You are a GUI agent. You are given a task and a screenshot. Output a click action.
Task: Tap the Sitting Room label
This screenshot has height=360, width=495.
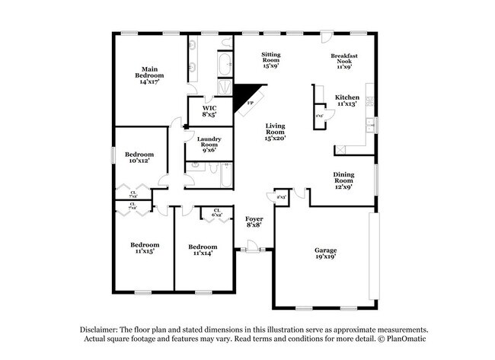[272, 59]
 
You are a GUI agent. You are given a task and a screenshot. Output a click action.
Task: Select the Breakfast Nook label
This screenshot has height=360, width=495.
[344, 61]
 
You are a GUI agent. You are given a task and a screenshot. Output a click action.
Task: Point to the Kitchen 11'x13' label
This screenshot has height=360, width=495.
[346, 100]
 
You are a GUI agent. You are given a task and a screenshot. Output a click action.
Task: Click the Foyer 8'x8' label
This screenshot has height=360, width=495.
[254, 221]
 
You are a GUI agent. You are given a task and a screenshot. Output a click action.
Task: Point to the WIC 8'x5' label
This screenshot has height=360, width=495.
[209, 111]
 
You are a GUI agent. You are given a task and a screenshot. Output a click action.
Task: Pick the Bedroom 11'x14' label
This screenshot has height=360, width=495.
[203, 250]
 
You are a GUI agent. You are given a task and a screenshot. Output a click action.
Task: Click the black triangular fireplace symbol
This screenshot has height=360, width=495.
[245, 97]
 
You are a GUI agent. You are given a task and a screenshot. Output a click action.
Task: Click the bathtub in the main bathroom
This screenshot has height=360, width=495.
[225, 66]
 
